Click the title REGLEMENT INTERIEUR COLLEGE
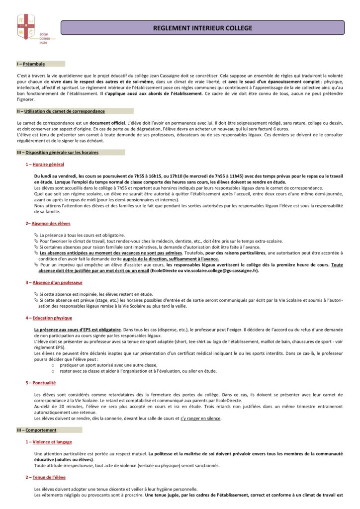202,28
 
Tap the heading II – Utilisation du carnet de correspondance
61,111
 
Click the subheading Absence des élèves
50,224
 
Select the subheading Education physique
52,318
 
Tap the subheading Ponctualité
44,383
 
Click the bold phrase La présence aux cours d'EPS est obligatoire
78,330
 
